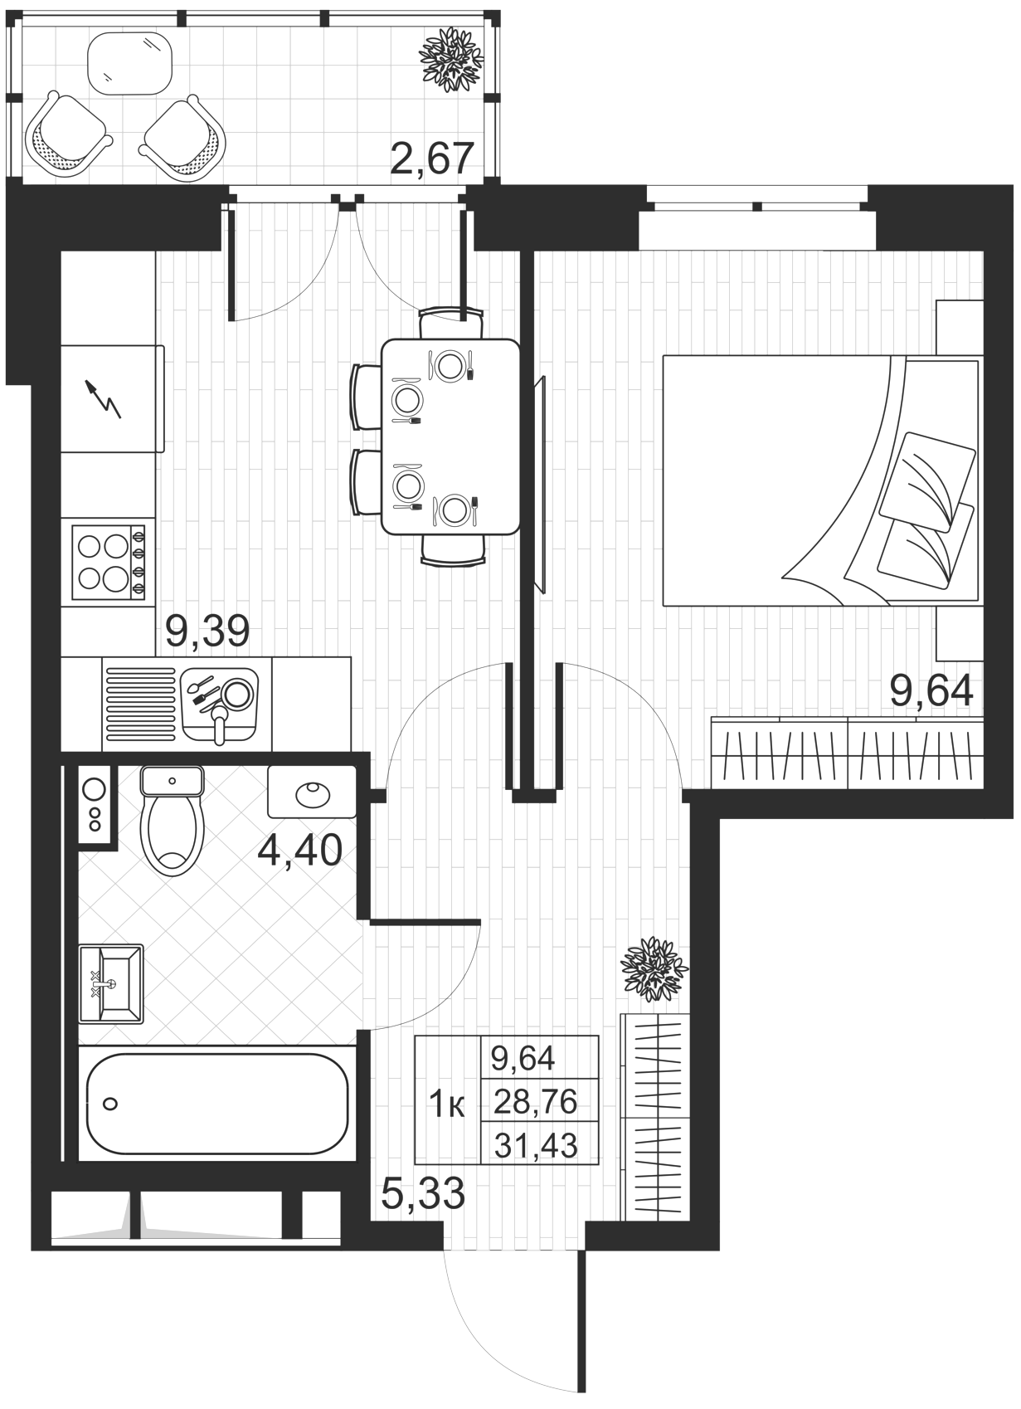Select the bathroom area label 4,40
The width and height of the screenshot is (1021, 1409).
click(300, 851)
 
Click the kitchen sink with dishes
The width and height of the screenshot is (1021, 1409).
click(220, 706)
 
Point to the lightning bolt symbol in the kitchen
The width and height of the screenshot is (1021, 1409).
click(103, 399)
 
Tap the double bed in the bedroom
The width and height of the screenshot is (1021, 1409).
click(821, 480)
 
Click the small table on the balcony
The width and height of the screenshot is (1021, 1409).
click(129, 63)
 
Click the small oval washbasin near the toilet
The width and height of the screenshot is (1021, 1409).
click(312, 792)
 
